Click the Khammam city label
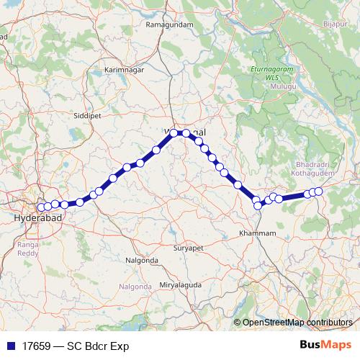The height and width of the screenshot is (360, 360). click(257, 234)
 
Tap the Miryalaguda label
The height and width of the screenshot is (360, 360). click(181, 285)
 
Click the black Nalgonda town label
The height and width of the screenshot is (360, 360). click(141, 259)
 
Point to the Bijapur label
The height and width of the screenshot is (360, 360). click(334, 24)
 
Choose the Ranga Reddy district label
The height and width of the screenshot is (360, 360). click(27, 248)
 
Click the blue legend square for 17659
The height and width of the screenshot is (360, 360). click(8, 345)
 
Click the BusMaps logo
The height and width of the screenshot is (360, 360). click(325, 344)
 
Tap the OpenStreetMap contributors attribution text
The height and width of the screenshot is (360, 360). click(297, 322)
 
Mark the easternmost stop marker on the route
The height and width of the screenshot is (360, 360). click(318, 191)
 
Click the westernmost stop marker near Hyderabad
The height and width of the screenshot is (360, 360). click(40, 207)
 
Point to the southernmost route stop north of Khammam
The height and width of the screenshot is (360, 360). click(257, 206)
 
